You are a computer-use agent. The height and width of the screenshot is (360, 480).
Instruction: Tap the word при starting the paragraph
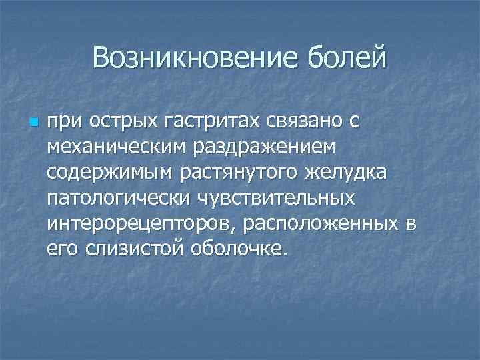click(x=66, y=123)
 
